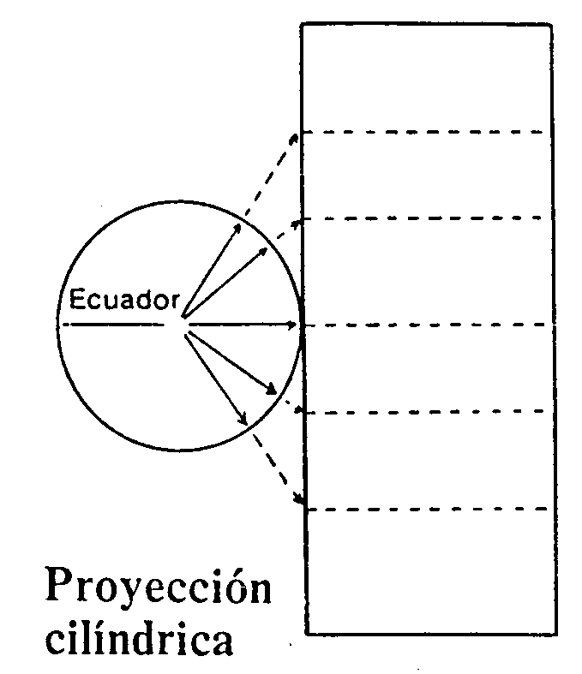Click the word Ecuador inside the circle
click(124, 300)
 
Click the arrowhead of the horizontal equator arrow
click(292, 325)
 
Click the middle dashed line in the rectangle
click(428, 325)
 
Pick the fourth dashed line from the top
click(423, 412)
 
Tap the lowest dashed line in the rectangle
click(426, 510)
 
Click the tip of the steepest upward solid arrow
click(241, 224)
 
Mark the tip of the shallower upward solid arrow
click(267, 248)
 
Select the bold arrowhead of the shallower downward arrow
click(272, 390)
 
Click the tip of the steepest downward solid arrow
click(246, 423)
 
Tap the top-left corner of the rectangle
click(302, 25)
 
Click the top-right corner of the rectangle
click(551, 26)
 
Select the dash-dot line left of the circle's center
click(113, 325)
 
